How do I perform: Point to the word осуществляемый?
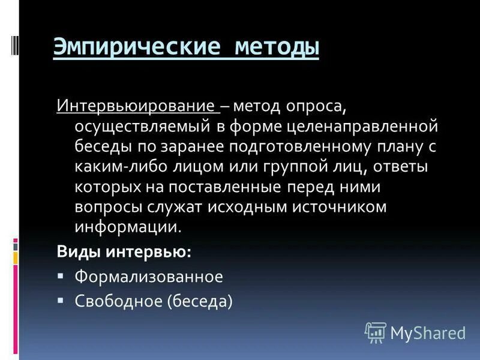point(146,127)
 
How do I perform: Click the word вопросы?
point(106,207)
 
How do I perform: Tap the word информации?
point(127,227)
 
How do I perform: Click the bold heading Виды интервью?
point(124,252)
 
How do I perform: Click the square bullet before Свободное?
point(61,298)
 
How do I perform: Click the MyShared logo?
point(415,332)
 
